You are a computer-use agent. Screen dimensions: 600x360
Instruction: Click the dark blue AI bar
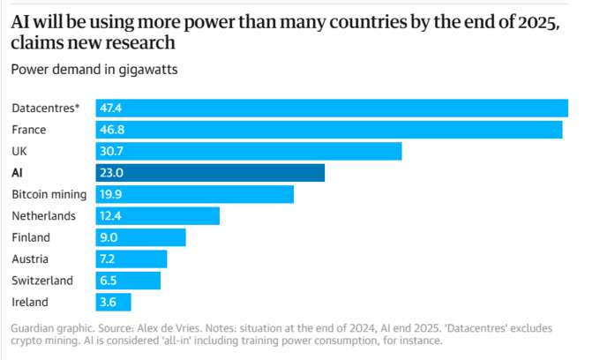pos(210,173)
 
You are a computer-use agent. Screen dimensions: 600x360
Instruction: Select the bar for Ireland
pos(113,303)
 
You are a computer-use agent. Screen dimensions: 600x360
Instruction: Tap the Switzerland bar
pos(128,281)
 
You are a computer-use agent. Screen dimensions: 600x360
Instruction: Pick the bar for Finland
pos(141,237)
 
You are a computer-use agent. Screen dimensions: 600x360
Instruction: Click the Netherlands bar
pos(158,216)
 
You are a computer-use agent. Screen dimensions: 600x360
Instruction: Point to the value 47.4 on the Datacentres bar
pos(110,109)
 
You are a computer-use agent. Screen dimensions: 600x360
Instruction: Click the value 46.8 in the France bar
pos(112,130)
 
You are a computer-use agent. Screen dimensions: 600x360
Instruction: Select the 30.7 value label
pos(111,152)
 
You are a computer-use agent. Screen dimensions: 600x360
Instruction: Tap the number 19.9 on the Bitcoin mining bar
pos(110,194)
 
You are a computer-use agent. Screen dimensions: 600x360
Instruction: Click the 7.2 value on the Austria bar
pos(107,259)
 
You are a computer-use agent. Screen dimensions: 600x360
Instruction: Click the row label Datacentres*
pos(46,109)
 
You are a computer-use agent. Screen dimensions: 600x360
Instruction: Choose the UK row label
pos(19,152)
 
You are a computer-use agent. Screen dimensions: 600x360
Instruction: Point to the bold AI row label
pos(18,173)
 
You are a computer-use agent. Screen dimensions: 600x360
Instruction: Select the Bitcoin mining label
pos(49,195)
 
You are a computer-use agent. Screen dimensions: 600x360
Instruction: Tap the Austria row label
pos(30,259)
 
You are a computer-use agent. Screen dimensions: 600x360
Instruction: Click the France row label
pos(29,130)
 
